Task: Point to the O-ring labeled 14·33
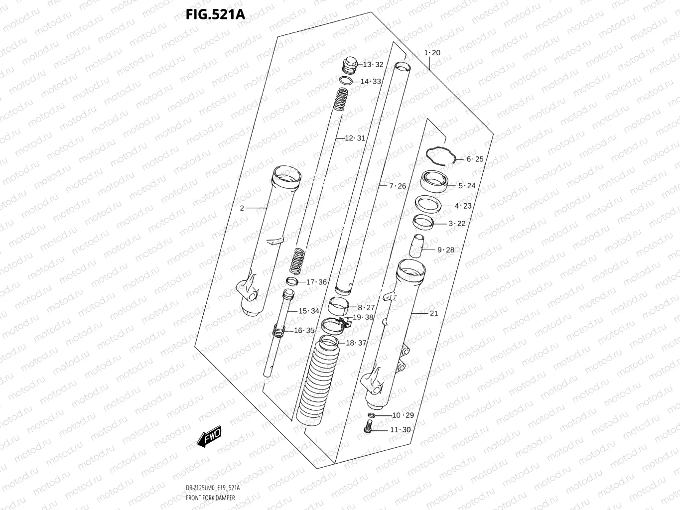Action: tap(347, 81)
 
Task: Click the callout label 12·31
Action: tap(355, 138)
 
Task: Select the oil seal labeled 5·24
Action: tap(435, 180)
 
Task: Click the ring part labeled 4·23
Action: tap(428, 203)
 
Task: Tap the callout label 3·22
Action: tap(457, 224)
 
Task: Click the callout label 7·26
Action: tap(398, 186)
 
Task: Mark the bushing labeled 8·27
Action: tap(341, 303)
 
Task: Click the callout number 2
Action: tap(242, 208)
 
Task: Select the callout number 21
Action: tap(434, 313)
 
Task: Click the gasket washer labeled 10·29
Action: tap(371, 415)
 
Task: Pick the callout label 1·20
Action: tap(432, 53)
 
